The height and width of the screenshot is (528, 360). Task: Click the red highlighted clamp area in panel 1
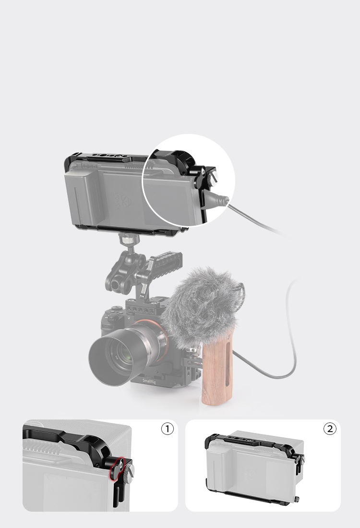click(116, 468)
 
